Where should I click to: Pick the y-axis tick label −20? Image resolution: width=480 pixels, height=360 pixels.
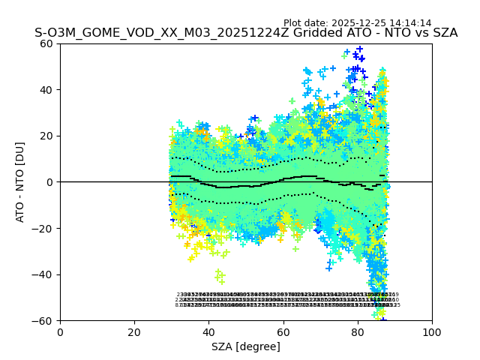pos(44,228)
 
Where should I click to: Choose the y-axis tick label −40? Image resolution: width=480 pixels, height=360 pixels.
pos(44,274)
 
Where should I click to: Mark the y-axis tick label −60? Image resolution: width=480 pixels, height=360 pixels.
pos(44,321)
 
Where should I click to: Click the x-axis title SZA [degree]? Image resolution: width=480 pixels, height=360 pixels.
pos(246,346)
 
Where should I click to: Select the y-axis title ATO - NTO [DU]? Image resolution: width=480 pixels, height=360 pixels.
pos(20,182)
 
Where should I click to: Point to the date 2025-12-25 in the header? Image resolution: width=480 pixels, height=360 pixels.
pos(359,23)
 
